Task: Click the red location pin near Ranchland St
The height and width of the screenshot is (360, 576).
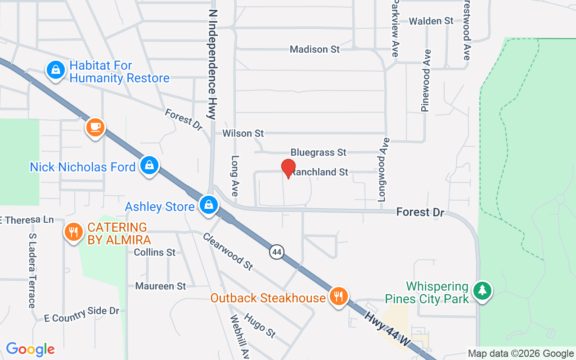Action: pyautogui.click(x=288, y=169)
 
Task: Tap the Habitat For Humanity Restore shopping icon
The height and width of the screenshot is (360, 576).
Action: pyautogui.click(x=55, y=70)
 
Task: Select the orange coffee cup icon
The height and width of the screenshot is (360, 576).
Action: pyautogui.click(x=95, y=127)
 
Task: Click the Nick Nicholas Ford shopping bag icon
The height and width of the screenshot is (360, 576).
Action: pyautogui.click(x=149, y=166)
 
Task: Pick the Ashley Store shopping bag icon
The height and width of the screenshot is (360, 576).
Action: pyautogui.click(x=209, y=205)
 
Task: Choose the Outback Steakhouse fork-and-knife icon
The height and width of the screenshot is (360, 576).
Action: pyautogui.click(x=337, y=297)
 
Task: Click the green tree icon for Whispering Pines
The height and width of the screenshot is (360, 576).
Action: pyautogui.click(x=482, y=290)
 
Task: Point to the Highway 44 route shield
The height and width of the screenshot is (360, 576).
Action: pyautogui.click(x=277, y=252)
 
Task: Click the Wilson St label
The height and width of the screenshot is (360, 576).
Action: pyautogui.click(x=243, y=134)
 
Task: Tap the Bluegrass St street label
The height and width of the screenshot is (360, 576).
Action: pyautogui.click(x=318, y=153)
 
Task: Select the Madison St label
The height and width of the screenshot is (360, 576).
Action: pyautogui.click(x=315, y=49)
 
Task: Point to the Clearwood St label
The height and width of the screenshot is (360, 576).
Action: pyautogui.click(x=228, y=251)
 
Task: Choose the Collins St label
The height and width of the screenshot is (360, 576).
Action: pyautogui.click(x=154, y=252)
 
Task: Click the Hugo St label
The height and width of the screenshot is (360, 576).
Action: pyautogui.click(x=260, y=325)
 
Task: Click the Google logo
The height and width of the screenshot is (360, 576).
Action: pyautogui.click(x=30, y=349)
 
